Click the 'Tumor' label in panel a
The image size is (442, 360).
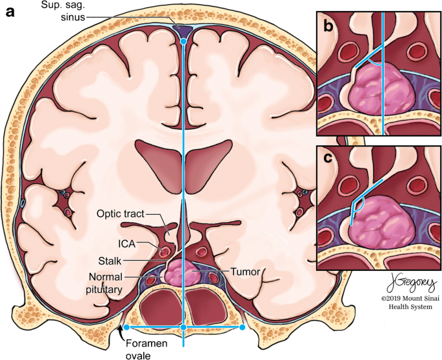click(x=246, y=272)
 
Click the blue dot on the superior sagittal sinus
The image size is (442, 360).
click(x=183, y=41)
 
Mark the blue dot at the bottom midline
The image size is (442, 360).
click(x=184, y=328)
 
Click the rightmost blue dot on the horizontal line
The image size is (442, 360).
click(x=242, y=328)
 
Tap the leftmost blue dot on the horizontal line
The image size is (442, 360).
click(x=126, y=328)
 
